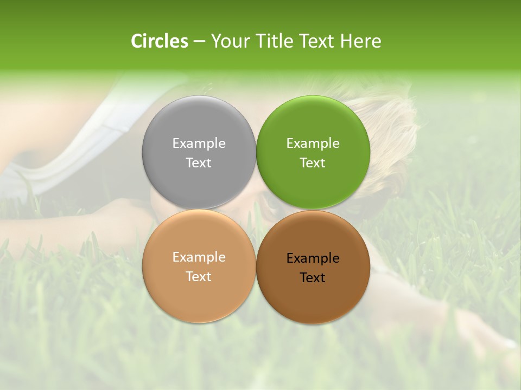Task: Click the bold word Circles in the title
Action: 159,41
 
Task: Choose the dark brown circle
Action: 313,301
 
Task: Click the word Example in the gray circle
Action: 199,143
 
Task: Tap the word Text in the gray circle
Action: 199,162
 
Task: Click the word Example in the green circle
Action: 313,143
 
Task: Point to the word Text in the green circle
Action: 313,162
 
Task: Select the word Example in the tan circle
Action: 199,257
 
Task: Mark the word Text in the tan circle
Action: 199,276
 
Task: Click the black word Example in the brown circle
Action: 313,258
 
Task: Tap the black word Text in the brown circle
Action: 313,277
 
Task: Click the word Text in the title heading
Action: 316,41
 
